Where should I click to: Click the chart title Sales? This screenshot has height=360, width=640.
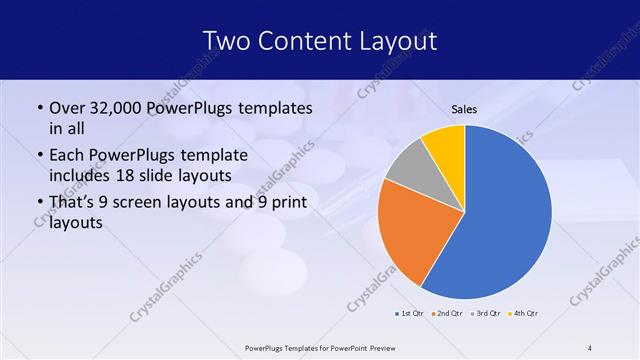click(464, 108)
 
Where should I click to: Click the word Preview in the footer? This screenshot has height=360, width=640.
click(377, 347)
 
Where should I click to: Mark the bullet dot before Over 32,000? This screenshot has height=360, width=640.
click(38, 108)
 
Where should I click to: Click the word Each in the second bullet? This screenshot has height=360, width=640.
click(67, 156)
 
